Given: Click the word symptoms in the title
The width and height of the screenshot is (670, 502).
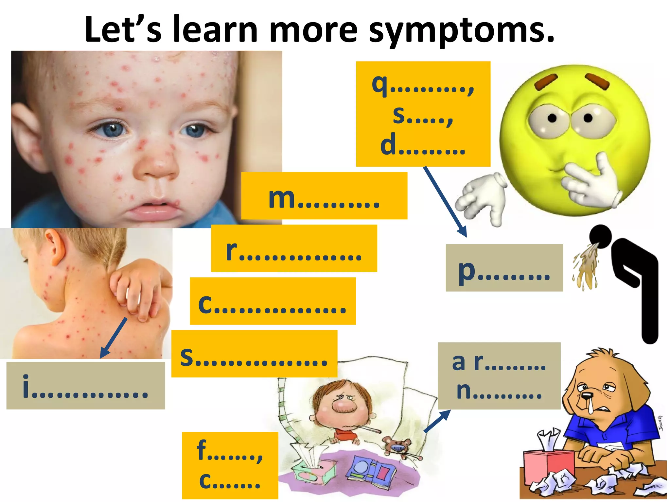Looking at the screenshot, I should click(461, 30).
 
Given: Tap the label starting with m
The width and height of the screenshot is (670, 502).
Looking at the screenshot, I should click(324, 196).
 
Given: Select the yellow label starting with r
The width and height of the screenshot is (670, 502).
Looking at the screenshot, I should click(294, 248).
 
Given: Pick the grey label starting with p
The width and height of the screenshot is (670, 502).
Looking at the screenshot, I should click(504, 268).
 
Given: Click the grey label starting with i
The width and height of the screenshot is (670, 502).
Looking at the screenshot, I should click(85, 386).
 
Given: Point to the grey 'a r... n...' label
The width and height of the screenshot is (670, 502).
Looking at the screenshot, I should click(499, 376).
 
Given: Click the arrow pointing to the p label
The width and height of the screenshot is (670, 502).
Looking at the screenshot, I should click(445, 201).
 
